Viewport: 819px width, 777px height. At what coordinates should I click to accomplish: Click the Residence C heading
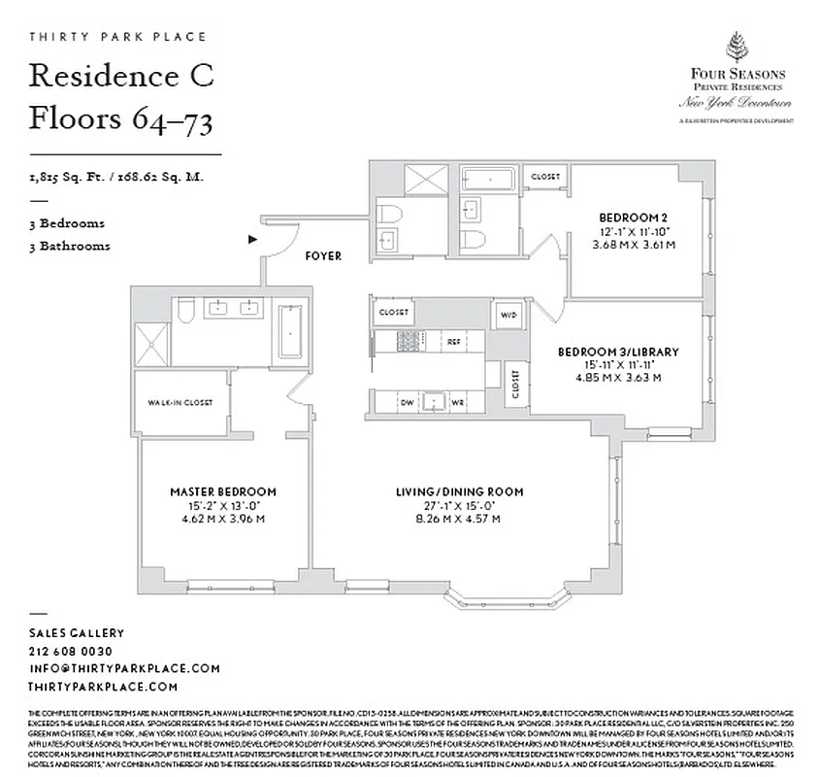121,76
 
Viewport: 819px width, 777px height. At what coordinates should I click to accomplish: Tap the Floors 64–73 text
121,119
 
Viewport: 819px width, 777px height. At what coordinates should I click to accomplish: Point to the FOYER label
323,256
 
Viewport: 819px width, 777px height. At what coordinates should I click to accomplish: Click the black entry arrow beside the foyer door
253,238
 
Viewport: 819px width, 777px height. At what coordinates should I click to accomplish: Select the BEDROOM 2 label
634,217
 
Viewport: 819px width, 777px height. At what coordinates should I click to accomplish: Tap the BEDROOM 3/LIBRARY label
617,352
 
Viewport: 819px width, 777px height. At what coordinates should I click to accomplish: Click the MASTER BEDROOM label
223,491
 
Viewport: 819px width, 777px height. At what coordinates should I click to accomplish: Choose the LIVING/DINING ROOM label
460,491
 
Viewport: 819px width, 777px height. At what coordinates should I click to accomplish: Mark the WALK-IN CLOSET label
180,402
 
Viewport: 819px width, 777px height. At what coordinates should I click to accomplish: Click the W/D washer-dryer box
508,316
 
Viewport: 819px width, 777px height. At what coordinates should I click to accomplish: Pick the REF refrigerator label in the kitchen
453,342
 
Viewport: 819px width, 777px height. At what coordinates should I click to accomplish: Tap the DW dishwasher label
408,402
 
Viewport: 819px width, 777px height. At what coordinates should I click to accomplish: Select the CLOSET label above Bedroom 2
544,177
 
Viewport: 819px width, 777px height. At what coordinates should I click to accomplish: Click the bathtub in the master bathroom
289,331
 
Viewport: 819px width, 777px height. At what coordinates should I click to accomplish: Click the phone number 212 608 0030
70,651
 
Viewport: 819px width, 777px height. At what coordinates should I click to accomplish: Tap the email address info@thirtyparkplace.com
124,668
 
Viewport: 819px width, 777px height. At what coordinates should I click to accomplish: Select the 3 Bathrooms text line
69,246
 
